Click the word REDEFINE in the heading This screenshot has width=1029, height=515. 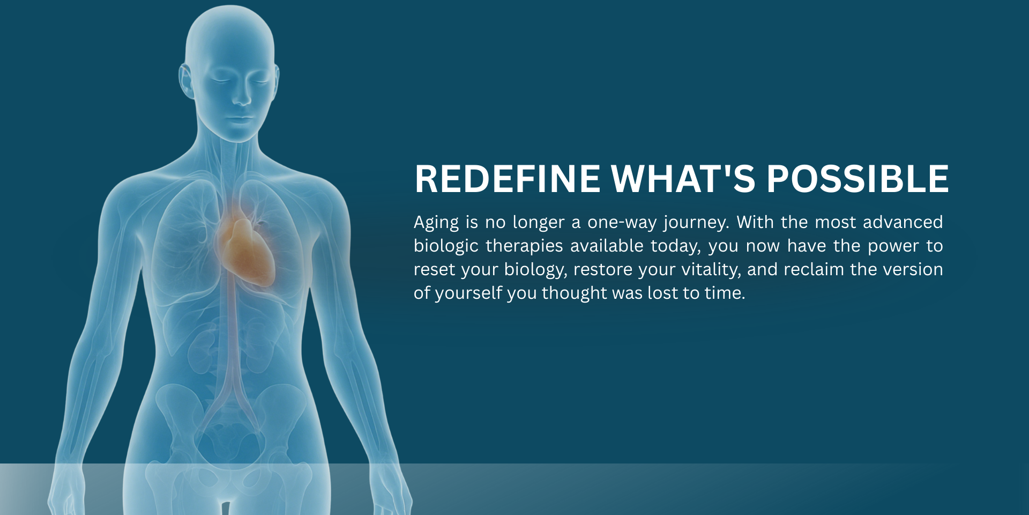pos(508,179)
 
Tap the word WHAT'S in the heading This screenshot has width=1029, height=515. pos(683,179)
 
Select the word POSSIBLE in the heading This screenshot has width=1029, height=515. pos(857,179)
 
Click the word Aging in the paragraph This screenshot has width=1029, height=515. pos(436,223)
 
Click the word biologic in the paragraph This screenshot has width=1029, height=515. pos(445,246)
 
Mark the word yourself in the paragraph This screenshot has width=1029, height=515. pos(468,293)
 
